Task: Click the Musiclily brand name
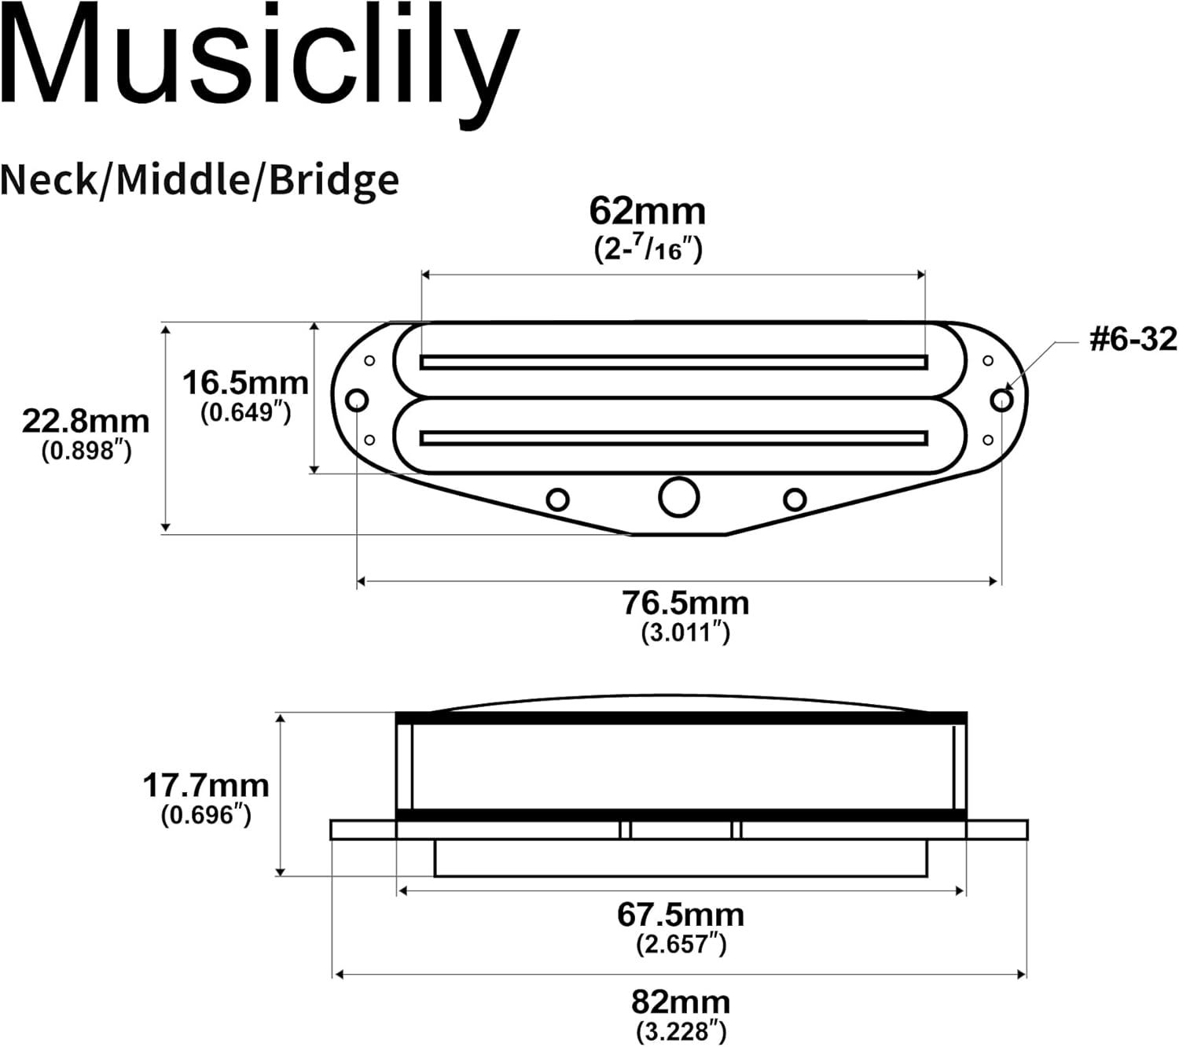pos(259,59)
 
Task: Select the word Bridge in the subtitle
pos(334,181)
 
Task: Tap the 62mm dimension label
pos(648,211)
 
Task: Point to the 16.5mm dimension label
pos(245,383)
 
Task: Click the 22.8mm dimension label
pos(86,421)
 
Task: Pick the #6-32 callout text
pos(1133,339)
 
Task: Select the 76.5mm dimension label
pos(685,603)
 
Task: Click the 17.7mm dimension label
pos(205,785)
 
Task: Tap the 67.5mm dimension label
pos(681,914)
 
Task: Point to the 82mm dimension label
pos(681,1002)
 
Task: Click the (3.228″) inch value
pos(681,1030)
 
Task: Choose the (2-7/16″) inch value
pos(648,249)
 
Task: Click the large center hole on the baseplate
pos(678,497)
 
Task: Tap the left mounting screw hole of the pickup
pos(357,400)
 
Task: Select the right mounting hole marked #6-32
pos(1001,400)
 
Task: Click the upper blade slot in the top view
pos(674,362)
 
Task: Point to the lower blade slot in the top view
pos(674,437)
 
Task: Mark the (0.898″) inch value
pos(86,451)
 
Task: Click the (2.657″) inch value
pos(681,943)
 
